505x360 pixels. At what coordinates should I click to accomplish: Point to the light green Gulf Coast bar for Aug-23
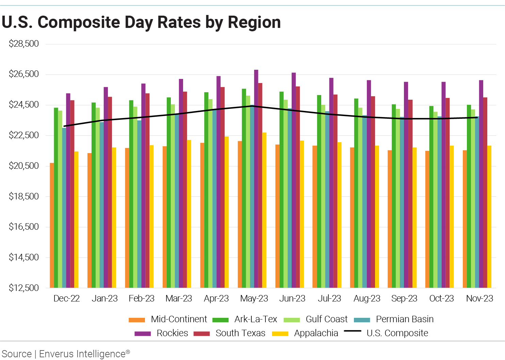pos(360,198)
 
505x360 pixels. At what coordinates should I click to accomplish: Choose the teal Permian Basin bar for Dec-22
pos(64,208)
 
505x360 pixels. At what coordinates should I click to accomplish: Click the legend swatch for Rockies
pos(143,333)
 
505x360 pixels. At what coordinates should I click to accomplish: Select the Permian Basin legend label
pos(405,319)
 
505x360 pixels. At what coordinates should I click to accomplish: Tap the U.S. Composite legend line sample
pos(353,331)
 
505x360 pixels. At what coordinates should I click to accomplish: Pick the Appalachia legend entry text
pos(316,333)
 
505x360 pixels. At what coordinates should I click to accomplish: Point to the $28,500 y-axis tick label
pos(24,44)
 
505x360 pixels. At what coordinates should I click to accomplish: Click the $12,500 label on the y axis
pos(24,288)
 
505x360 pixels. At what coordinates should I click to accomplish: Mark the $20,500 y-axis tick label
pos(24,166)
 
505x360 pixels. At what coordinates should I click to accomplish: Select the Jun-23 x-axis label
pos(292,298)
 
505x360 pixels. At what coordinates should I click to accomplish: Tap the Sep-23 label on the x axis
pos(404,298)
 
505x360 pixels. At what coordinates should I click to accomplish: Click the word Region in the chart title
pos(254,22)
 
